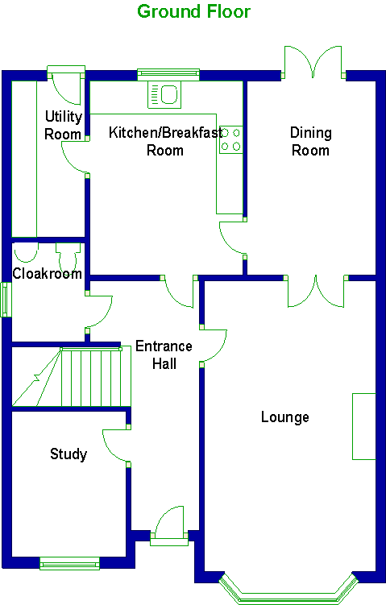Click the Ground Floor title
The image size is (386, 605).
pyautogui.click(x=193, y=11)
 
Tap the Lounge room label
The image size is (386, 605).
pyautogui.click(x=285, y=417)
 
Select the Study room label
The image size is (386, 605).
pyautogui.click(x=68, y=454)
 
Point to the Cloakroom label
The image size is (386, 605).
pyautogui.click(x=47, y=274)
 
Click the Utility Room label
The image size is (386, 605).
pyautogui.click(x=63, y=125)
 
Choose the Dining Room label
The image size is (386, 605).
pyautogui.click(x=311, y=141)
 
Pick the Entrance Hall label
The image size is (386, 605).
pyautogui.click(x=164, y=354)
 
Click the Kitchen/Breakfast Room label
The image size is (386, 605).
pyautogui.click(x=165, y=141)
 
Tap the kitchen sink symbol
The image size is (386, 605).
pyautogui.click(x=164, y=94)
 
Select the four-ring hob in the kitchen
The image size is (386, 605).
pyautogui.click(x=230, y=139)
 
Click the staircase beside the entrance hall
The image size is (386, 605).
pyautogui.click(x=72, y=376)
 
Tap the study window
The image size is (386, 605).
pyautogui.click(x=70, y=563)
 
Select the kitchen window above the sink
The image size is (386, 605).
pyautogui.click(x=168, y=74)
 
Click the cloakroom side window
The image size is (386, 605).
pyautogui.click(x=6, y=300)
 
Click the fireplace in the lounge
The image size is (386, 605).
pyautogui.click(x=363, y=426)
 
